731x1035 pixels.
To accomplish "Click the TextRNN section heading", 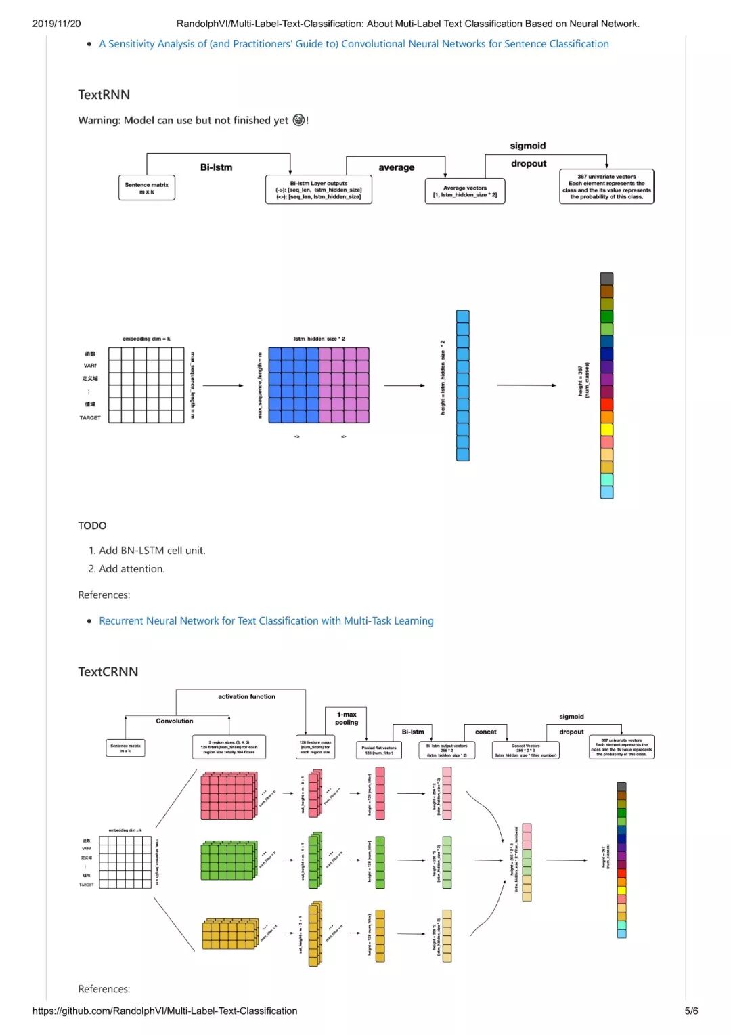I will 104,95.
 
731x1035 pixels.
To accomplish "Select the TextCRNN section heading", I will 108,671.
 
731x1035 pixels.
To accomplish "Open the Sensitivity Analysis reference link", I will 353,44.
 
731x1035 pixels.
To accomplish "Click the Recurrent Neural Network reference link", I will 266,620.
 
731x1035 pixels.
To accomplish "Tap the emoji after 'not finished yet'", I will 298,120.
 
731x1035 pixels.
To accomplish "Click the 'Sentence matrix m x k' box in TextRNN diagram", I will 146,188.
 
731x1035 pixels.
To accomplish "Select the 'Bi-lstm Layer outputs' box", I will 318,190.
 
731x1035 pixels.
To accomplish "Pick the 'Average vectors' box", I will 465,191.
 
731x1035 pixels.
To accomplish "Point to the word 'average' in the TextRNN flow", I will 396,167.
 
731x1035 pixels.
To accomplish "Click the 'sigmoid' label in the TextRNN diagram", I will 527,146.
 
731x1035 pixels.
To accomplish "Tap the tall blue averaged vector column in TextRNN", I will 462,385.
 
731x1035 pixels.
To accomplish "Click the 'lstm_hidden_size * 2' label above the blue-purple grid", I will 319,339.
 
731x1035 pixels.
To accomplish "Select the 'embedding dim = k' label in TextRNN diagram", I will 146,339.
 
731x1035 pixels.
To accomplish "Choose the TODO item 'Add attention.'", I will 131,569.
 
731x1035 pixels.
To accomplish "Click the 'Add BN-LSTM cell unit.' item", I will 152,551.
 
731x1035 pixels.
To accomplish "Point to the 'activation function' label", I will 246,696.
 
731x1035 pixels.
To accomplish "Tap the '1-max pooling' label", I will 347,718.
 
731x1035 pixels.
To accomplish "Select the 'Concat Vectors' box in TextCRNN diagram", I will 525,750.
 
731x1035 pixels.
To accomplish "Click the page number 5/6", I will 691,1011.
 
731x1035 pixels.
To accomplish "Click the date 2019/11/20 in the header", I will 56,24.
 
